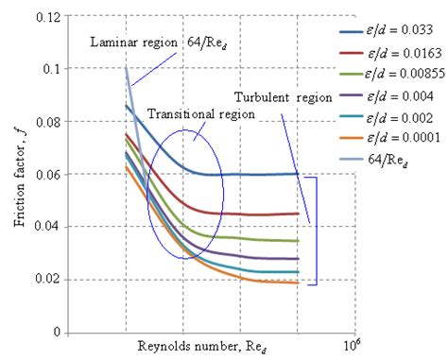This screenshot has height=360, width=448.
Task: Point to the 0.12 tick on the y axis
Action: tap(47, 17)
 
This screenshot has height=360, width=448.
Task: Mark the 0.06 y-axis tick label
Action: tap(47, 175)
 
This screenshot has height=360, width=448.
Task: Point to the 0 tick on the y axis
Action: tap(57, 333)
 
